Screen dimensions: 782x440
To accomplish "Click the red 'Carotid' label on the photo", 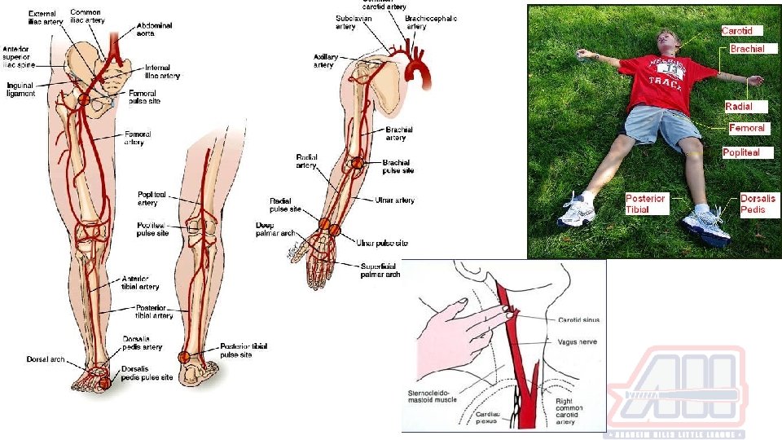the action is [x=742, y=31].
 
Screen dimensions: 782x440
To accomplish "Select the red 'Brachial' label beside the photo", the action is [x=747, y=49].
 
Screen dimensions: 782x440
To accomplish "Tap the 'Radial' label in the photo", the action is [x=739, y=107].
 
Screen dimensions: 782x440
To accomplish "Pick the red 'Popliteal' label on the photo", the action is [x=740, y=152].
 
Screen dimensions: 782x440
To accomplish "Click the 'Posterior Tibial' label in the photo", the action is [x=646, y=204].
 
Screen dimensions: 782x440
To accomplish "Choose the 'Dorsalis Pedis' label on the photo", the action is [x=758, y=204].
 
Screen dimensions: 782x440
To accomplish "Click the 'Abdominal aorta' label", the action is [x=155, y=30].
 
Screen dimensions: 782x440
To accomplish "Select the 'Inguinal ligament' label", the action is [x=21, y=89].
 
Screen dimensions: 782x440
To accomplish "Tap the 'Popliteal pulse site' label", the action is [x=153, y=228].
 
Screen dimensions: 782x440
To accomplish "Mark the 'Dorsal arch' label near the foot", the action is [x=44, y=359].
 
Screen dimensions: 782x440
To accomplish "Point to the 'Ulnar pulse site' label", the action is [x=381, y=243].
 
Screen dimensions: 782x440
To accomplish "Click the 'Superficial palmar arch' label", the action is [x=381, y=270].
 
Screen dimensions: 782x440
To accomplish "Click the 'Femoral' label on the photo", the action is [x=746, y=128].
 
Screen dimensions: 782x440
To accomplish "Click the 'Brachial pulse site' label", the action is [x=398, y=166].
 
